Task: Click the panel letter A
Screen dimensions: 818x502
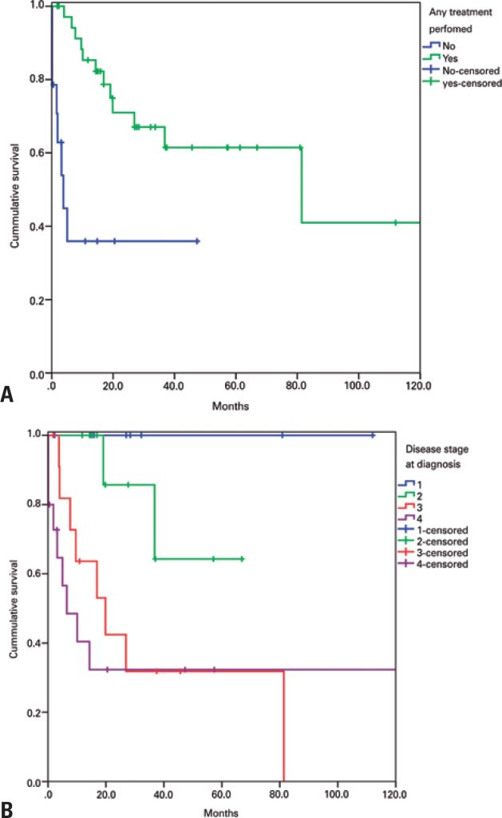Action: tap(8, 394)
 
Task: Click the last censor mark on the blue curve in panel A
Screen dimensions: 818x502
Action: tap(197, 240)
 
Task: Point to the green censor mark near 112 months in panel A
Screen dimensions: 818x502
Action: tap(395, 222)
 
